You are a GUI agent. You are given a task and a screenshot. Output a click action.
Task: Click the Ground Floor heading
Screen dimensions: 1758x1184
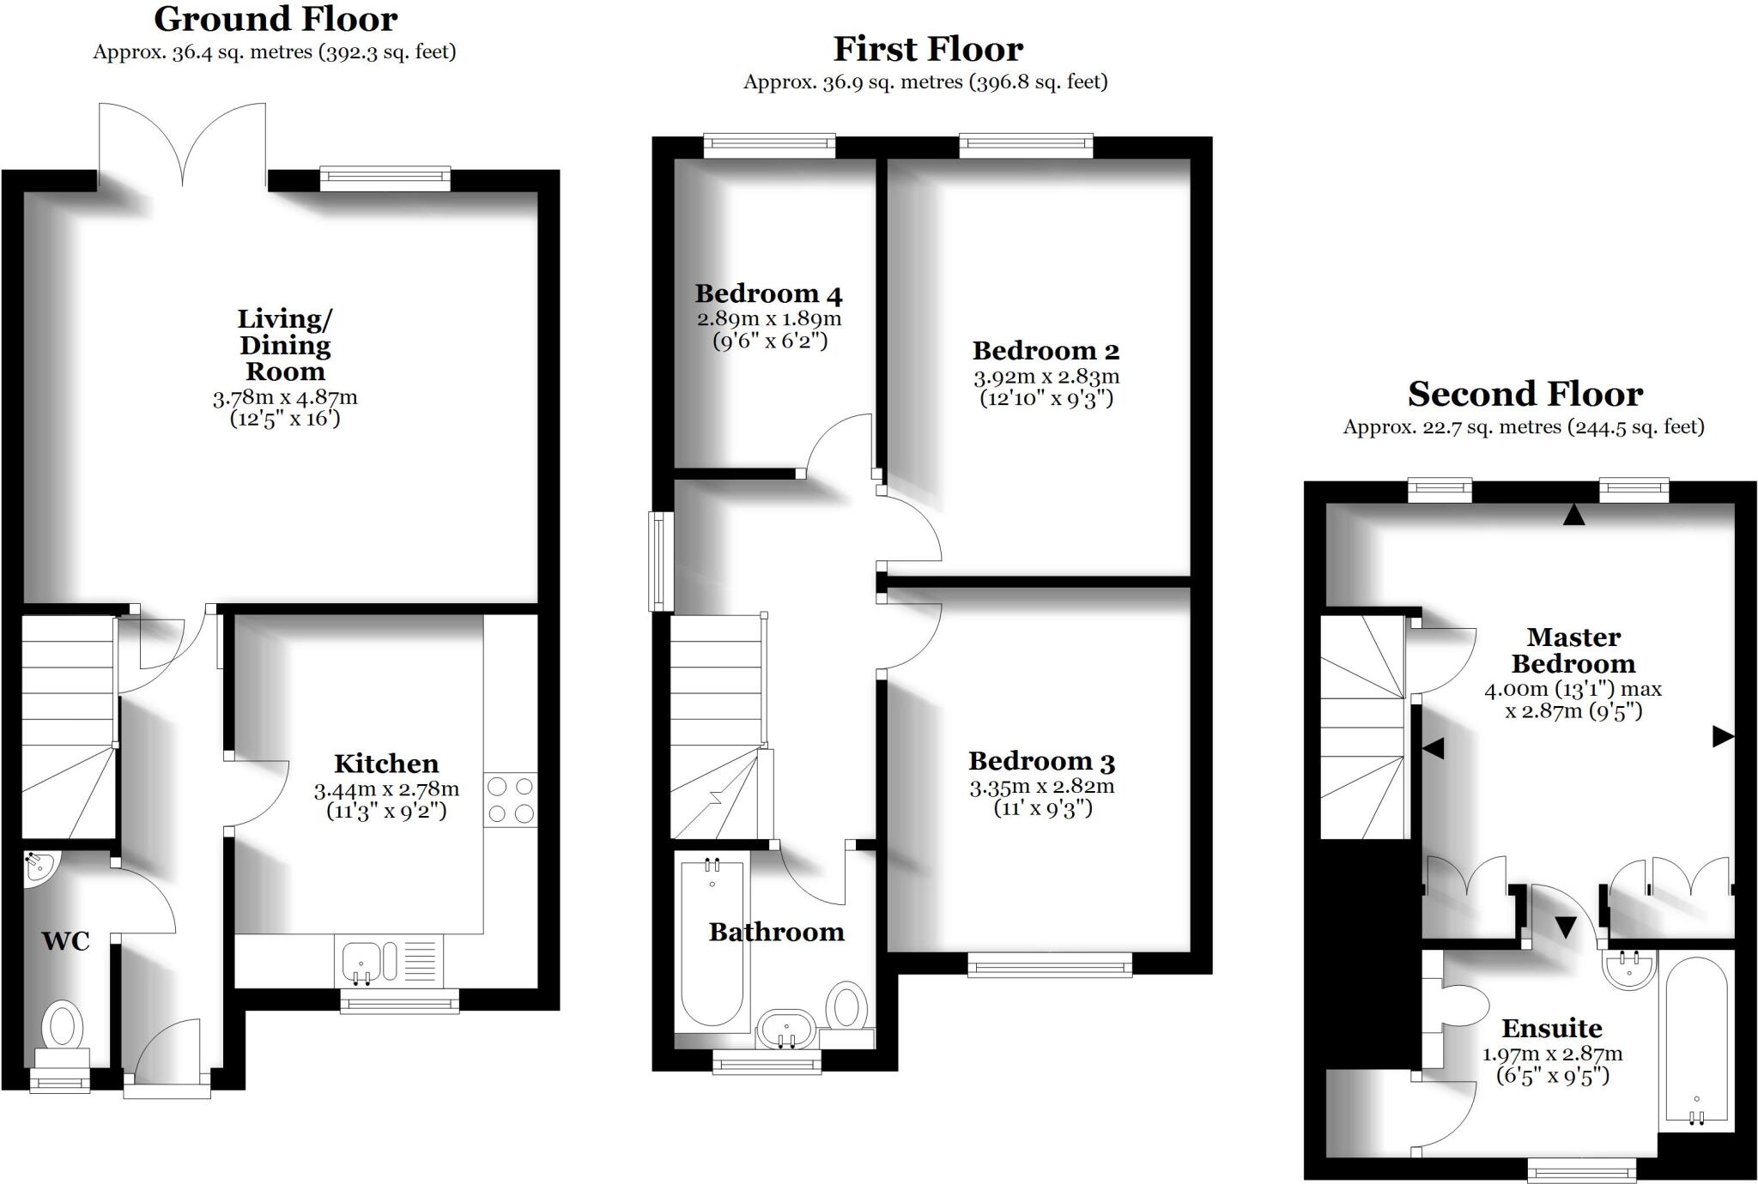pyautogui.click(x=276, y=19)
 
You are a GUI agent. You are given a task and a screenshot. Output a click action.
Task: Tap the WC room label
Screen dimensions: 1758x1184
pyautogui.click(x=66, y=941)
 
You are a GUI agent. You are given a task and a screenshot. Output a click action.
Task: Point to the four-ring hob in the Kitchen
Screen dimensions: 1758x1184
pyautogui.click(x=511, y=800)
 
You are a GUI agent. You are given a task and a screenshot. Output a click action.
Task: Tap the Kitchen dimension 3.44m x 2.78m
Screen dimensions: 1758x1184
pyautogui.click(x=386, y=789)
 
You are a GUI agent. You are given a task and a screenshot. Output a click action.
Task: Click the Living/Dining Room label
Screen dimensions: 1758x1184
pyautogui.click(x=285, y=345)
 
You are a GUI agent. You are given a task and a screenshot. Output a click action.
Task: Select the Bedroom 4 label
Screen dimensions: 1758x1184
pyautogui.click(x=768, y=294)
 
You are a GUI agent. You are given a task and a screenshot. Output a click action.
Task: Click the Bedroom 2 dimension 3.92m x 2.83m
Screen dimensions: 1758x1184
pyautogui.click(x=1046, y=377)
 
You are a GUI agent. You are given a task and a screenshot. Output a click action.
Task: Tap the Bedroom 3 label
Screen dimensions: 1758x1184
pyautogui.click(x=1042, y=762)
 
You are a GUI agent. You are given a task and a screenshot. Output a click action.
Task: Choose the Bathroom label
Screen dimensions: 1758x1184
pyautogui.click(x=777, y=932)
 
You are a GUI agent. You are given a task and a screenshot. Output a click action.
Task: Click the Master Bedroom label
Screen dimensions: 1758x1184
pyautogui.click(x=1573, y=650)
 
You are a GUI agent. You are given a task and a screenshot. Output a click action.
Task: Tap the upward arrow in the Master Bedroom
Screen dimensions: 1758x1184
pyautogui.click(x=1573, y=515)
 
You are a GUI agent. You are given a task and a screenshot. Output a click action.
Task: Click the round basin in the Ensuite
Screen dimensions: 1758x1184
pyautogui.click(x=1630, y=970)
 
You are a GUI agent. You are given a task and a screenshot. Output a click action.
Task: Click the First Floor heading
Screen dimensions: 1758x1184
pyautogui.click(x=928, y=49)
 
